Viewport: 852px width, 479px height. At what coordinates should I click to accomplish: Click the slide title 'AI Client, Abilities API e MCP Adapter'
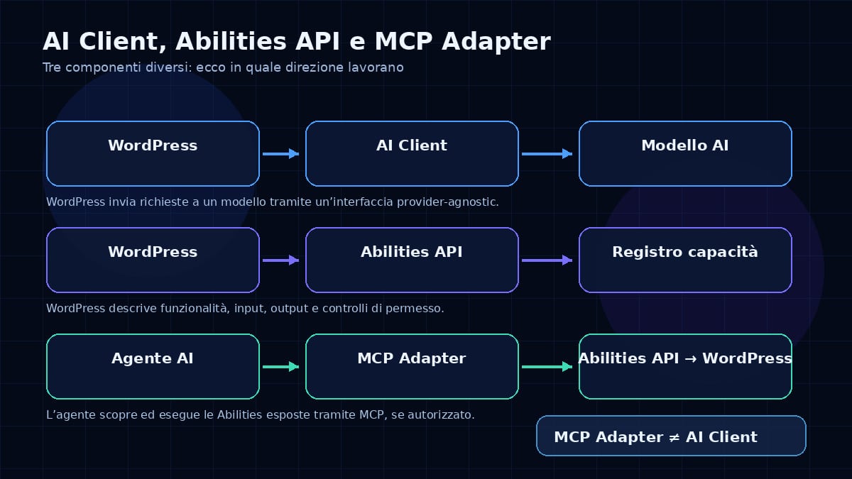tap(297, 41)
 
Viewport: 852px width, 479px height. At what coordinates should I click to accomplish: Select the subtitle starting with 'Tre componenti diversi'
tap(223, 67)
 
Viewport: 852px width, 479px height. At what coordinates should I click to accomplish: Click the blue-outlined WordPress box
tap(153, 153)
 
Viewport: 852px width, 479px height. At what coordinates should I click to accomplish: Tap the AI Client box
tap(412, 153)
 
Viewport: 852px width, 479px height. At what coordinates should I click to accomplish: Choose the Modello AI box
tap(685, 153)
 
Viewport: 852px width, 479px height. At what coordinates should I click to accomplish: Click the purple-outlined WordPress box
tap(153, 260)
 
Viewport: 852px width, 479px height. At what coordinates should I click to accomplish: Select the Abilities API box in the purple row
tap(412, 260)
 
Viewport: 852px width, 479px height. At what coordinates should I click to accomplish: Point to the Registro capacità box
tap(685, 260)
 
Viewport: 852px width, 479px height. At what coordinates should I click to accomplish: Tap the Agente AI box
tap(153, 366)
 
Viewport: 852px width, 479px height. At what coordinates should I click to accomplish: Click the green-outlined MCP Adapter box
tap(412, 366)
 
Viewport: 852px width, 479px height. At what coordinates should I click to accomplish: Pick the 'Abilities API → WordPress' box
tap(685, 366)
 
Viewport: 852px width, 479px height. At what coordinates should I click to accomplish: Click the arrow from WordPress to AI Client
tap(280, 154)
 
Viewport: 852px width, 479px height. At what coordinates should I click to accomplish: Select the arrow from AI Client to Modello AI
tap(547, 154)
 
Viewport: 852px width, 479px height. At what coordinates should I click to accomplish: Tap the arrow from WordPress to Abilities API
tap(280, 260)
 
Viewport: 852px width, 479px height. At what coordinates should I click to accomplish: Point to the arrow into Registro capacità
tap(547, 260)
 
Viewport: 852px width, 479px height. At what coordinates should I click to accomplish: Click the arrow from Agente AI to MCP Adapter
tap(280, 367)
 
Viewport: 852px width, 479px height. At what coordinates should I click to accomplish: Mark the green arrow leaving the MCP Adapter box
tap(547, 367)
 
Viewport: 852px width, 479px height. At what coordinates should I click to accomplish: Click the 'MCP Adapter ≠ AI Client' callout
tap(671, 436)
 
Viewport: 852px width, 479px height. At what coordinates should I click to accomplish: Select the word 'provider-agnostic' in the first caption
tap(448, 202)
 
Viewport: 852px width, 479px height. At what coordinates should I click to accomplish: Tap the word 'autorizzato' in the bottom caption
tap(441, 414)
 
